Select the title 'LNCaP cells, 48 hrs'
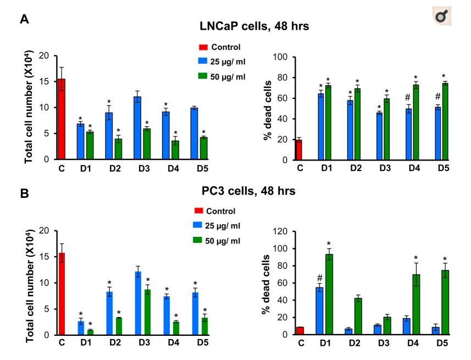254,26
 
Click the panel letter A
24,19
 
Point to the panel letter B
24,194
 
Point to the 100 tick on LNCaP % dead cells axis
282,57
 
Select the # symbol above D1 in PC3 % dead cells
319,278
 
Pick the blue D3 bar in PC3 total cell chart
137,303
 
